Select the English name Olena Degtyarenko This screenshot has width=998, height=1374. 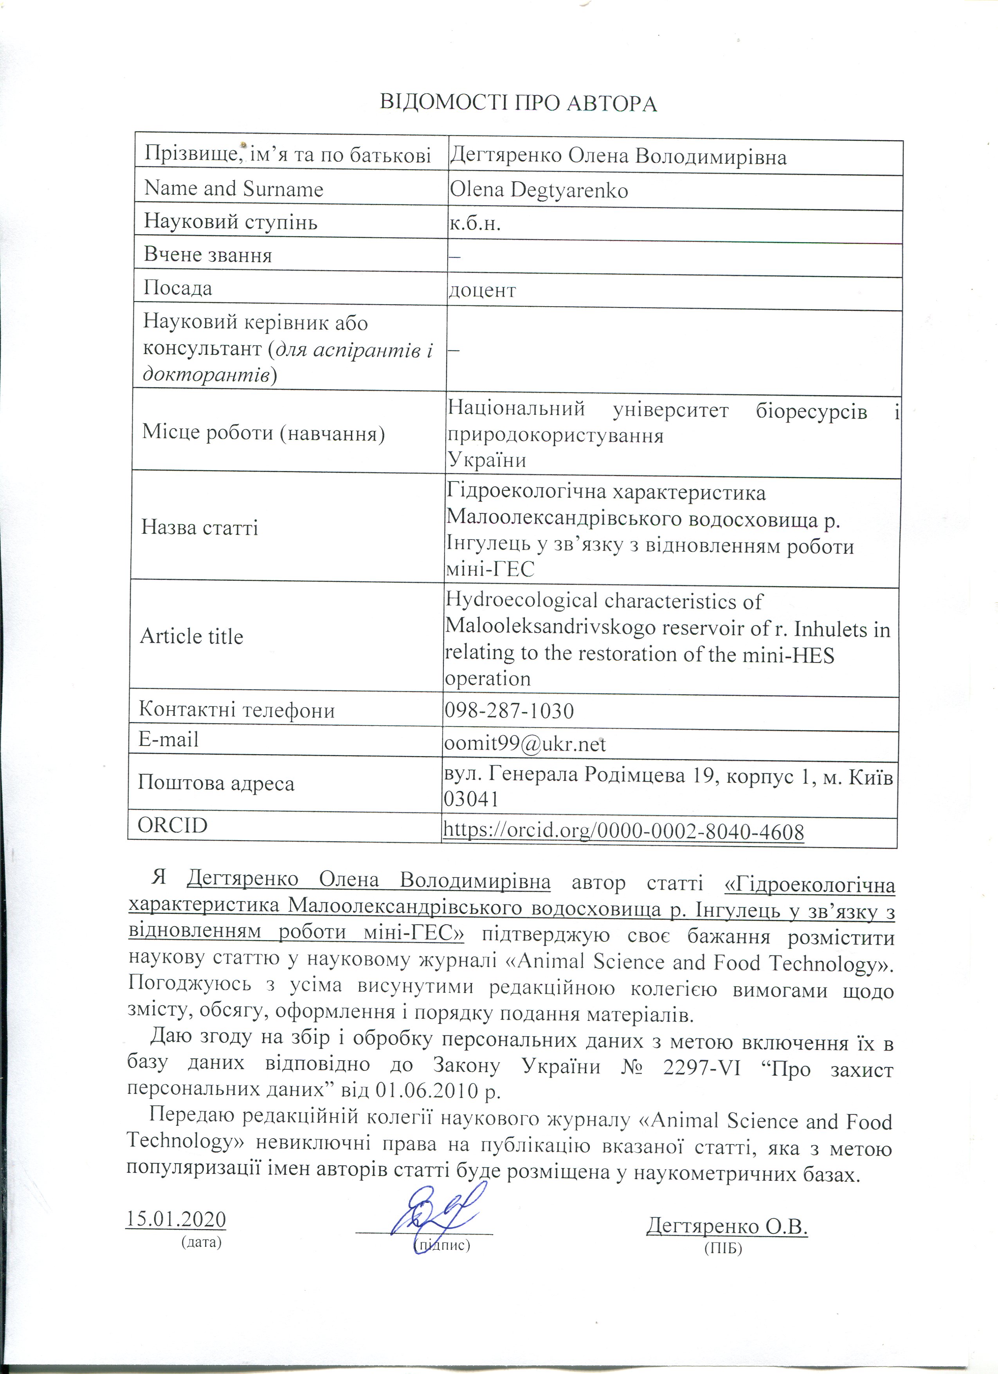(539, 190)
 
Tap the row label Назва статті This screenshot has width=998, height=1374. (200, 528)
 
